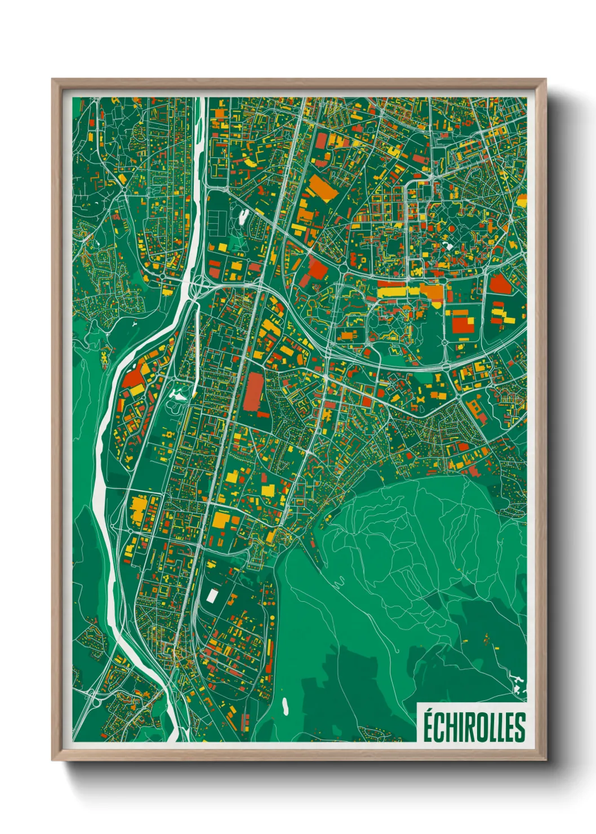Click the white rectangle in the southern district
point(212,595)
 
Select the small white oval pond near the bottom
point(285,705)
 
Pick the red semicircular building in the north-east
point(500,283)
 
